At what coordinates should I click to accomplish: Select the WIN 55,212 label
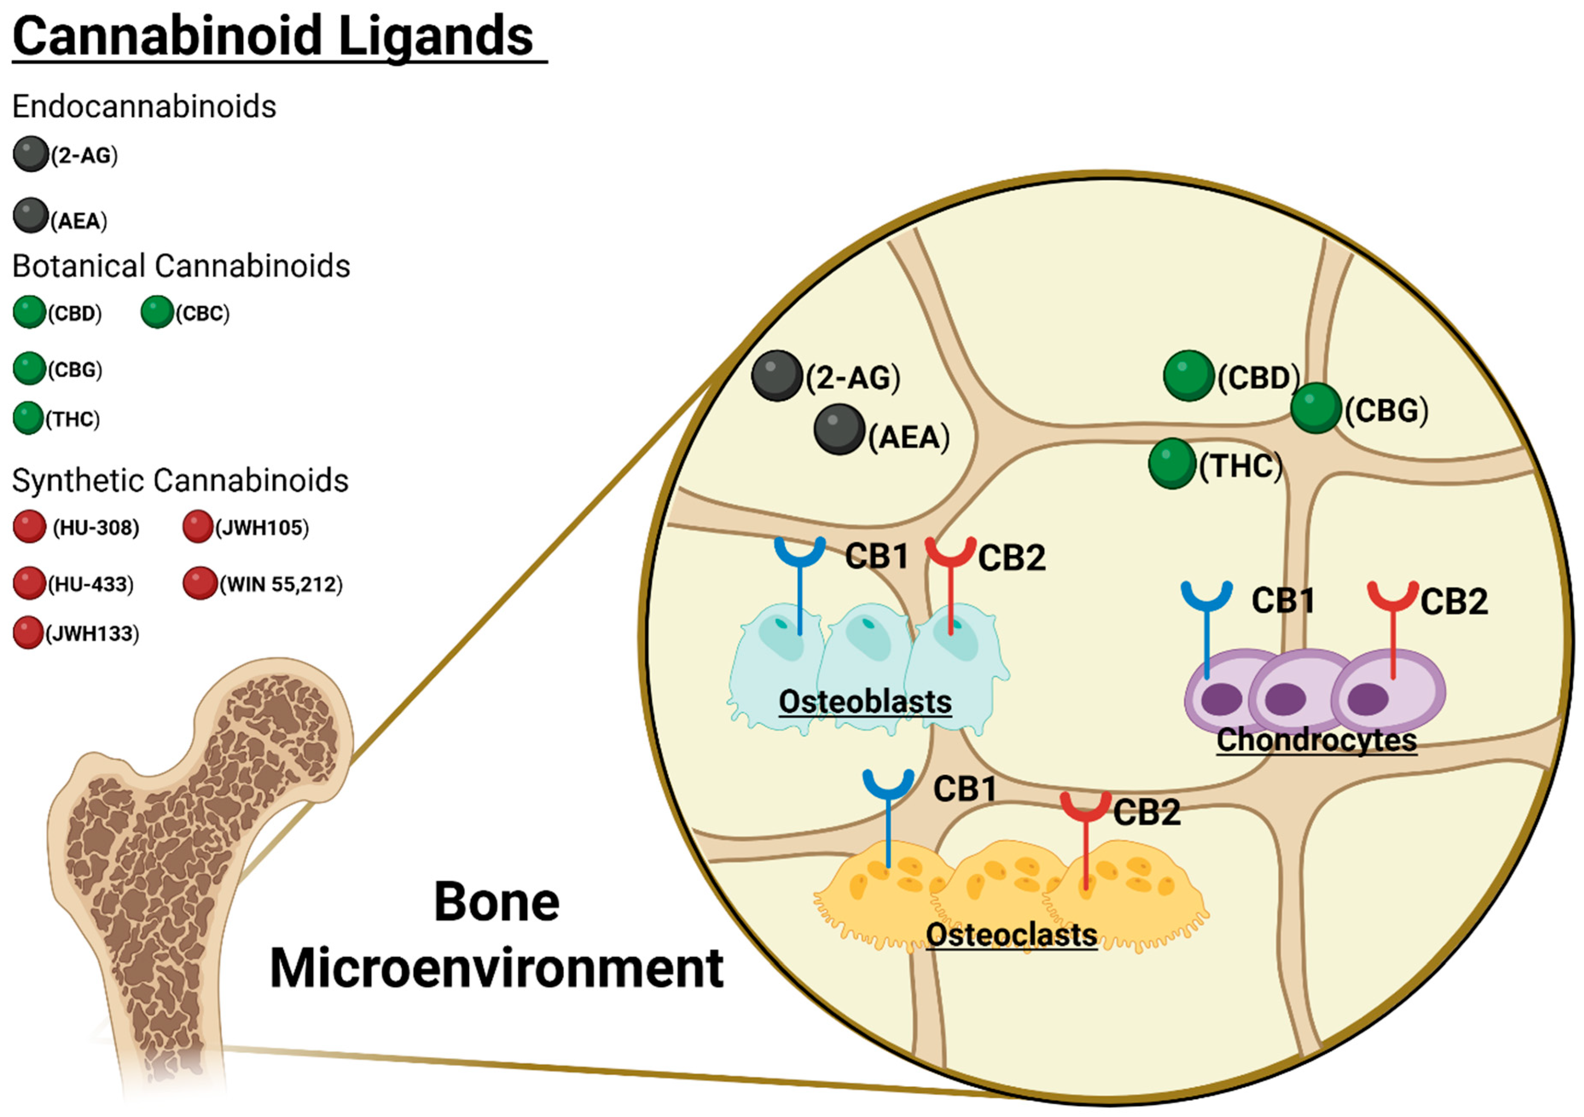[281, 584]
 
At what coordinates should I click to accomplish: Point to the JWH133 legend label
[93, 633]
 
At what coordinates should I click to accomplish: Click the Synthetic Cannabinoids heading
[180, 480]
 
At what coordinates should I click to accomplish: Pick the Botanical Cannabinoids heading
[181, 266]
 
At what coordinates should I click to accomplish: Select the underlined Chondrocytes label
[1316, 740]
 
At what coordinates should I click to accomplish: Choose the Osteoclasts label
[1011, 935]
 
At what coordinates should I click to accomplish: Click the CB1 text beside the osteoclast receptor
[964, 789]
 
